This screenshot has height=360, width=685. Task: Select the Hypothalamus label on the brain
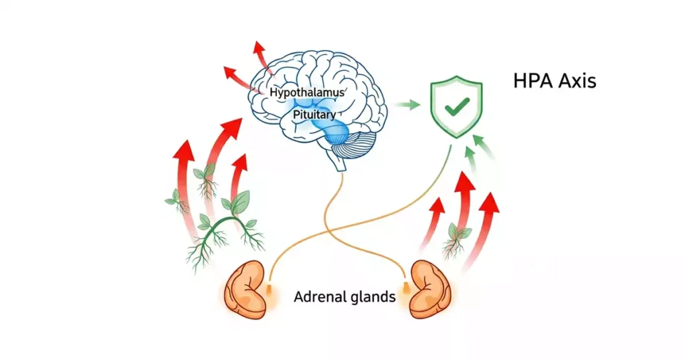pos(307,92)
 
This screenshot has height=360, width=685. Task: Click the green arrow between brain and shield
pos(406,104)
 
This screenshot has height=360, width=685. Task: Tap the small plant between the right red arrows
pos(458,238)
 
